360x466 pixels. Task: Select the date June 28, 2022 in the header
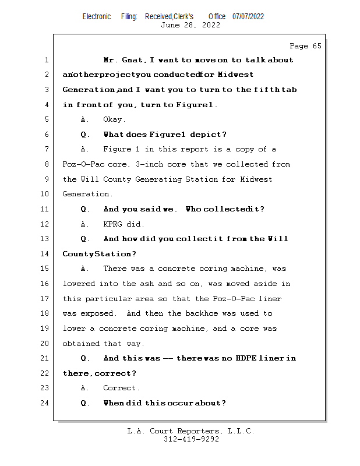pyautogui.click(x=190, y=25)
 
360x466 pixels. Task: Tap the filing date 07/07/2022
pyautogui.click(x=248, y=16)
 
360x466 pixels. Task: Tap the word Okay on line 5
pyautogui.click(x=114, y=119)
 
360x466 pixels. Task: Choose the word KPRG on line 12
pyautogui.click(x=114, y=224)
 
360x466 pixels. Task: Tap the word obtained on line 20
pyautogui.click(x=80, y=344)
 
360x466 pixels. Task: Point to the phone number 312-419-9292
pyautogui.click(x=190, y=439)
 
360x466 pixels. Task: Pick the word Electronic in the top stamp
pyautogui.click(x=97, y=16)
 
